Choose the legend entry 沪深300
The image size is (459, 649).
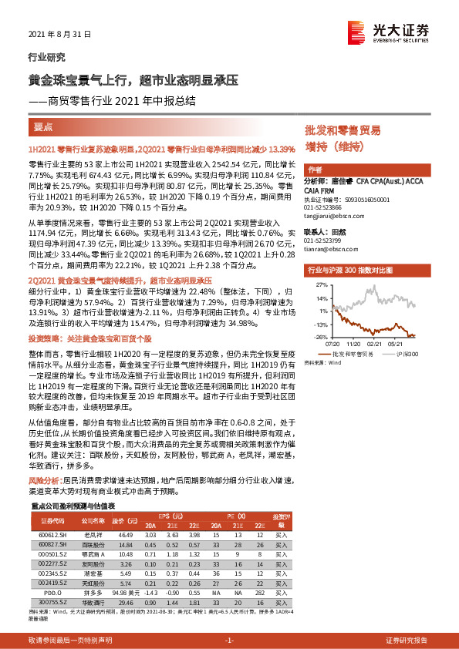click(x=407, y=354)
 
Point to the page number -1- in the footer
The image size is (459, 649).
click(x=228, y=640)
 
